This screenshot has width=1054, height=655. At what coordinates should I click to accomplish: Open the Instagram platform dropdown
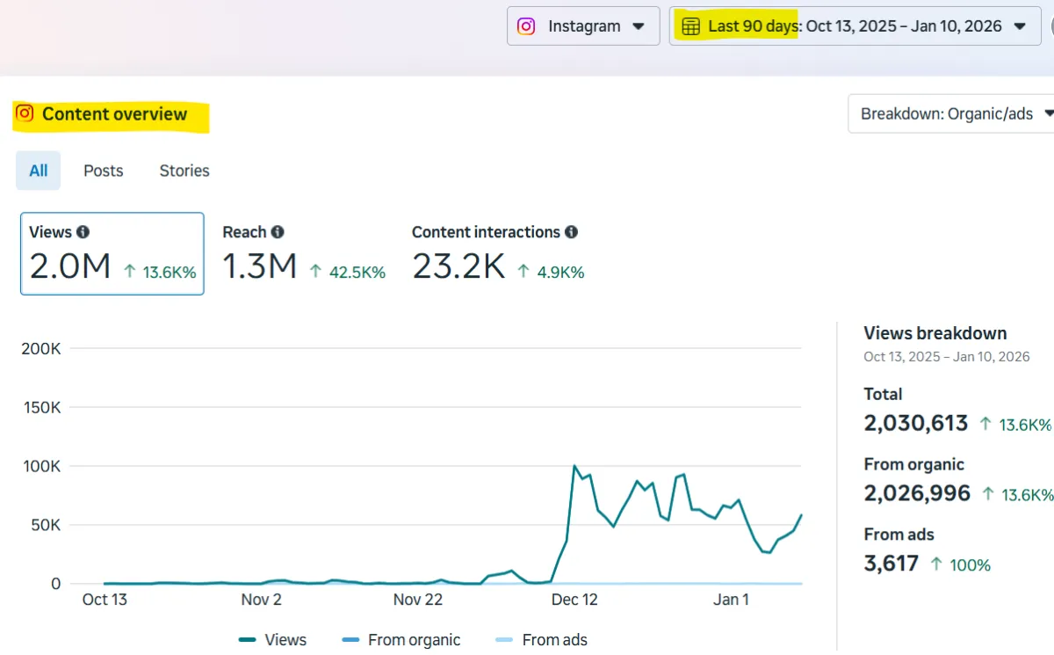pos(583,26)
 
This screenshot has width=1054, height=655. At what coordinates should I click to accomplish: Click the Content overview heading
pos(114,114)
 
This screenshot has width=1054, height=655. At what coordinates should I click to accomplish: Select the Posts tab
pos(104,171)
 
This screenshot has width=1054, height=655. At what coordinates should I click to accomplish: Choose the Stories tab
pos(184,171)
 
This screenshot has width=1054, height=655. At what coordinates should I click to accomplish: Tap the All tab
pos(39,171)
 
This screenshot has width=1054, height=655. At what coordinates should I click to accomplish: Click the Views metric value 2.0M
pos(70,266)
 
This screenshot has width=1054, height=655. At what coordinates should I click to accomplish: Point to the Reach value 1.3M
pos(260,266)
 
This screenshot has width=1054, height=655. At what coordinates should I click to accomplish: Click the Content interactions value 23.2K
pos(458,266)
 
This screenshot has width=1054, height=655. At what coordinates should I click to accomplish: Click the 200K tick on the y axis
pos(40,349)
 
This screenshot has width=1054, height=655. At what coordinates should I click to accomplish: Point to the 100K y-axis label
pos(40,466)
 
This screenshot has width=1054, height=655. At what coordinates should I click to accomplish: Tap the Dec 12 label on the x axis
pos(574,600)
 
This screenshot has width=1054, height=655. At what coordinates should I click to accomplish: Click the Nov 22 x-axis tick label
pos(418,600)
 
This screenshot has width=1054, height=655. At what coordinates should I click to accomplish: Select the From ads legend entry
pos(554,640)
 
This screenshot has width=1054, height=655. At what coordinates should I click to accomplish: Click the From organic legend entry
pos(414,640)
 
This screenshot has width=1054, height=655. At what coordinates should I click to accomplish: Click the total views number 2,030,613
pos(916,423)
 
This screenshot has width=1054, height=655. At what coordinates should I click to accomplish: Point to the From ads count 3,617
pos(892,564)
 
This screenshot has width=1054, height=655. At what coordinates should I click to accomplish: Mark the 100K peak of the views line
pos(574,466)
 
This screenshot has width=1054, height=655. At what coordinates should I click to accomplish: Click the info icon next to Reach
pos(278,232)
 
